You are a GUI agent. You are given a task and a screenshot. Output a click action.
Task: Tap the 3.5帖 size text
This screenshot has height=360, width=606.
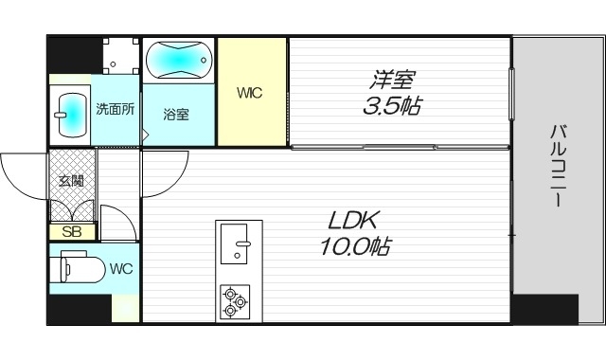(391, 105)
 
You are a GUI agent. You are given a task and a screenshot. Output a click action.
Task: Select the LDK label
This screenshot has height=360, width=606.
(353, 222)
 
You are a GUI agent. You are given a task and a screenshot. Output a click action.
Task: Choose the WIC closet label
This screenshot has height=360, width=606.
(250, 93)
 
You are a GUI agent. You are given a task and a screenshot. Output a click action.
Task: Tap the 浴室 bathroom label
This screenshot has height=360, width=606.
(176, 115)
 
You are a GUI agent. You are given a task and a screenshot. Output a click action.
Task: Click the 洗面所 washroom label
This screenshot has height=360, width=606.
(116, 108)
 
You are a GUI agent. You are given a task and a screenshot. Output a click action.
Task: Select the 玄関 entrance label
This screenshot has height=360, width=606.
(71, 181)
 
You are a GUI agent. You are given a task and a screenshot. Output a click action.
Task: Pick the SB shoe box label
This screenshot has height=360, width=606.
(72, 231)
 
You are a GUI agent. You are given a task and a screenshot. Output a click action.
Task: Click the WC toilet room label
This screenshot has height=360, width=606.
(120, 268)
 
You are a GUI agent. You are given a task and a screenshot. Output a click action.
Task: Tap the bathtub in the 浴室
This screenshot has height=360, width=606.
(180, 62)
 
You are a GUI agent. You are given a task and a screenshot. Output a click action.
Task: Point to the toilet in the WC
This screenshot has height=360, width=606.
(78, 269)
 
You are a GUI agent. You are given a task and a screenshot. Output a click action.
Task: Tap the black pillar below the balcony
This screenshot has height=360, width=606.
(544, 309)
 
